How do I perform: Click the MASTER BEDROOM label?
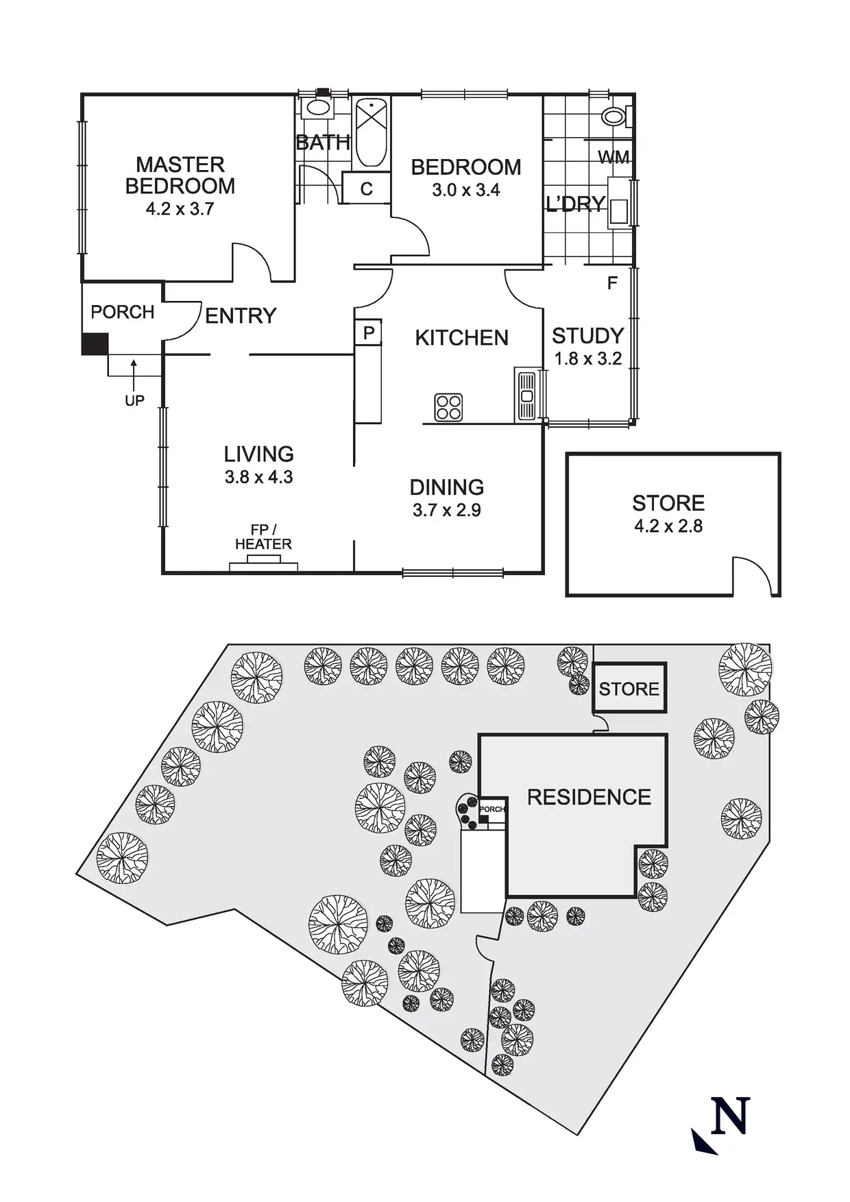tap(180, 175)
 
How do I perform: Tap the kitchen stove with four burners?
tap(448, 407)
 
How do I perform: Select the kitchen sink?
tap(526, 396)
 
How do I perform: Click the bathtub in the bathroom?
tap(371, 133)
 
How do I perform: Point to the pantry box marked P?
tap(369, 333)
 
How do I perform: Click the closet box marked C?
tap(366, 188)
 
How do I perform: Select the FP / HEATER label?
tap(263, 537)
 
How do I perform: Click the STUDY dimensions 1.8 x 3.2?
tap(587, 358)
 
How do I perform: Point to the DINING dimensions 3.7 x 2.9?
tap(446, 510)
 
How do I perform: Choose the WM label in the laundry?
tap(614, 158)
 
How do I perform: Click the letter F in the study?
tap(612, 282)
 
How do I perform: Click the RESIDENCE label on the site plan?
tap(589, 797)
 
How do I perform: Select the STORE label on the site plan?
tap(629, 689)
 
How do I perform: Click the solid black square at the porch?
tap(95, 344)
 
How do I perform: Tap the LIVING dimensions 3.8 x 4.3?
tap(258, 477)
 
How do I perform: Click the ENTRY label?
tap(241, 316)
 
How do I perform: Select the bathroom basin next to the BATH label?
tap(317, 107)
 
